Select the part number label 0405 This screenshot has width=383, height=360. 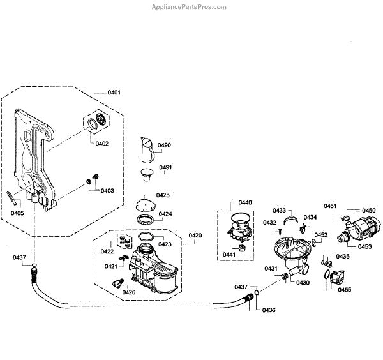coord(17,213)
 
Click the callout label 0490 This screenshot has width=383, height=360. coord(165,146)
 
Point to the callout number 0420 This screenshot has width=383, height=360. coord(195,236)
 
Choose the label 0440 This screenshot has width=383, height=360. coord(245,202)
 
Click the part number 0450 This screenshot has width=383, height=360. coord(369,211)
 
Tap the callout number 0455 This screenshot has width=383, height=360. coord(345,290)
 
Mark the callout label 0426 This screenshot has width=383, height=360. coord(129,292)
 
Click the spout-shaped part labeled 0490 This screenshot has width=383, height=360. coord(145,152)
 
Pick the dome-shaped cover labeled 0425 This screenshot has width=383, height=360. coord(145,206)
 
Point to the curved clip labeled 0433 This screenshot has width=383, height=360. coord(290,220)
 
